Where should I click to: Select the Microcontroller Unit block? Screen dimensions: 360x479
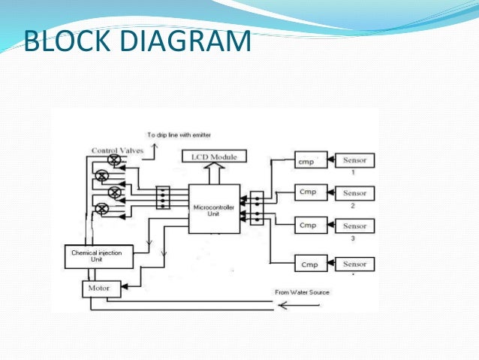[x=214, y=208]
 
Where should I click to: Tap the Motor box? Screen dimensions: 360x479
[x=101, y=288]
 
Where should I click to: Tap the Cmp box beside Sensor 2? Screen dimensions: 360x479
[x=307, y=192]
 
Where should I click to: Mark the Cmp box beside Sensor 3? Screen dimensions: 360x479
[x=307, y=225]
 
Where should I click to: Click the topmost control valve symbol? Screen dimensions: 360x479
[x=114, y=161]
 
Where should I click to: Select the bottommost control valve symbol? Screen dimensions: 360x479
[x=114, y=208]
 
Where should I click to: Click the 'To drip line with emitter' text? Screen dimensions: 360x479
[x=181, y=135]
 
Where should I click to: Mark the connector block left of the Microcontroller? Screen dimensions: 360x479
[x=163, y=198]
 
